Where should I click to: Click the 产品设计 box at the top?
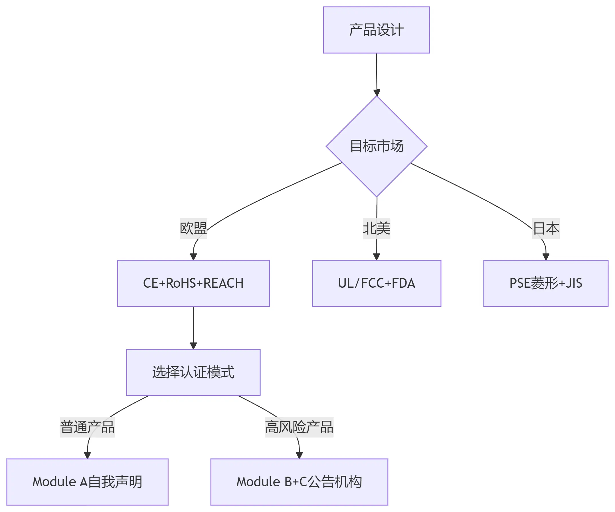376,30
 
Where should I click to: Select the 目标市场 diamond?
376,146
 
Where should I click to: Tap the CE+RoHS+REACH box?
193,283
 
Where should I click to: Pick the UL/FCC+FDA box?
376,283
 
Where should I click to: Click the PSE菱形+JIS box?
546,283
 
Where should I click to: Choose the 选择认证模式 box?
193,372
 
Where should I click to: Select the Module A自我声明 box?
87,482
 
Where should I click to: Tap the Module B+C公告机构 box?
299,482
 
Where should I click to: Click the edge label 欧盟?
193,228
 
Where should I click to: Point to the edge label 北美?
376,228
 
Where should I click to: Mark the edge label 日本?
546,228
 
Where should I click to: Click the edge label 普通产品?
87,427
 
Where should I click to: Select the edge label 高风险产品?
299,427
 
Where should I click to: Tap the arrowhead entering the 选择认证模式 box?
193,346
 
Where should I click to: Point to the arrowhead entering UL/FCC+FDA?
376,257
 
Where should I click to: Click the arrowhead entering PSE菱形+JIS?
546,257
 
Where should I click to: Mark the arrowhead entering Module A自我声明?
87,455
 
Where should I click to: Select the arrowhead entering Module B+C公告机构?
299,455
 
